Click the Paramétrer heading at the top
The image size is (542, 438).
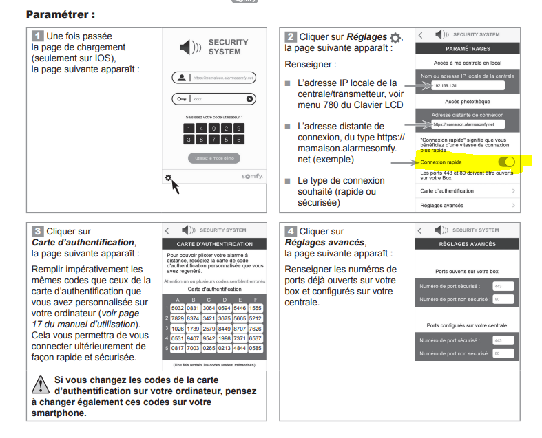coord(60,14)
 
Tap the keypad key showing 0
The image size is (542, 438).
coord(214,128)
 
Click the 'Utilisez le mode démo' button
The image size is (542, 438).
coord(214,158)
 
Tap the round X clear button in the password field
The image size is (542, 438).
coord(250,99)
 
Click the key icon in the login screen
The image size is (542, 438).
coord(182,99)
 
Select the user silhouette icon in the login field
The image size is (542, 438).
coord(182,78)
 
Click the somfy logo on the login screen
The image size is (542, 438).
coord(251,177)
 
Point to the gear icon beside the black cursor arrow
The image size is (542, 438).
coord(168,178)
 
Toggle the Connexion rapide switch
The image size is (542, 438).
coord(505,162)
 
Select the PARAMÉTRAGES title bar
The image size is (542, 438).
coord(468,50)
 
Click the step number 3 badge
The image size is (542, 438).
coord(39,231)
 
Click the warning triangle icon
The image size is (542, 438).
coord(41,382)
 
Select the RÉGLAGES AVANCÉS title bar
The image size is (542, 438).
coord(468,244)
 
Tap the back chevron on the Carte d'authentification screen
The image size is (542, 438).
coord(167,230)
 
